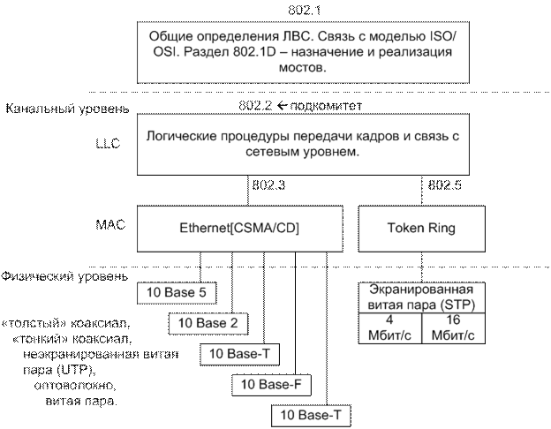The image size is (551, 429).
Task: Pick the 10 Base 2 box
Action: [x=208, y=323]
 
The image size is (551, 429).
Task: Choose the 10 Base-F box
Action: [x=269, y=384]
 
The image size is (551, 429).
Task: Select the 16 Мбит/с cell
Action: [x=453, y=328]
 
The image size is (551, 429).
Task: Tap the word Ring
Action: [x=440, y=229]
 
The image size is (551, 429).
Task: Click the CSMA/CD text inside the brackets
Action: [x=265, y=229]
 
